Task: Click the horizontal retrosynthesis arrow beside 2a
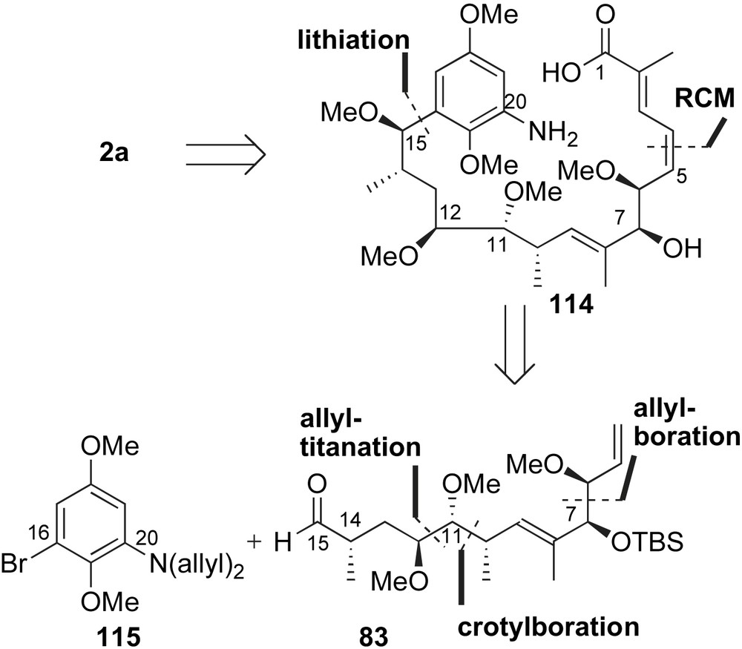(223, 158)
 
